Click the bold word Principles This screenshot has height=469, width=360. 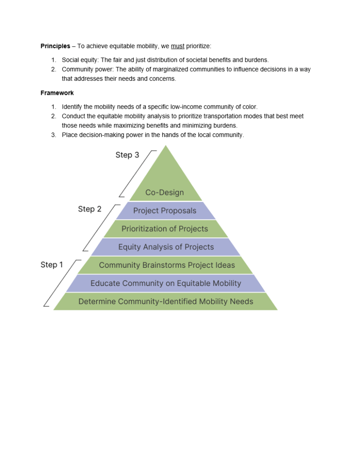[x=55, y=46]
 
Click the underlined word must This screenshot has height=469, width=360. [x=178, y=46]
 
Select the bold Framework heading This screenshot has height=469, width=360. [x=57, y=93]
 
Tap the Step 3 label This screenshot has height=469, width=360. [x=127, y=155]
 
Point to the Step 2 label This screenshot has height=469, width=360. [x=90, y=209]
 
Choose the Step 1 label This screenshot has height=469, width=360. [x=52, y=265]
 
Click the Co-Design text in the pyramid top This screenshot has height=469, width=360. [x=164, y=193]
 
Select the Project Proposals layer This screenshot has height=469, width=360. [x=165, y=211]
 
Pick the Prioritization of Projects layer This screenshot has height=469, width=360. [x=165, y=229]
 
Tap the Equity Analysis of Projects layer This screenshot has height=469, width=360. [x=166, y=247]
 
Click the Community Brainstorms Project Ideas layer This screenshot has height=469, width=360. [x=167, y=265]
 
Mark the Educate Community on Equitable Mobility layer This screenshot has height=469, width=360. [x=166, y=283]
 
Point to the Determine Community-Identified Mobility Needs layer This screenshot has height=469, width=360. [x=166, y=301]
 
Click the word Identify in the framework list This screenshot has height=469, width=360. [x=72, y=107]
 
